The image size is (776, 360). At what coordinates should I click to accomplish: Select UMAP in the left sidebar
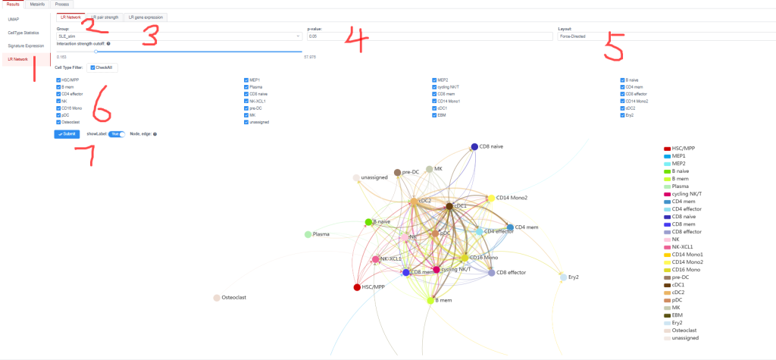pos(13,19)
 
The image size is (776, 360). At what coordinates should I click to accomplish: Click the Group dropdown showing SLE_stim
pos(179,36)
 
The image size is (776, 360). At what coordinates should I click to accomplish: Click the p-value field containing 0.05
pos(428,36)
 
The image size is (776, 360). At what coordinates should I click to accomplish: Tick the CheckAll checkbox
pos(92,67)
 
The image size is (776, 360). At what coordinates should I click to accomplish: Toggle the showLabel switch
pos(117,134)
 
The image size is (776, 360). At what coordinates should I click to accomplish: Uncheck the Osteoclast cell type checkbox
pos(58,121)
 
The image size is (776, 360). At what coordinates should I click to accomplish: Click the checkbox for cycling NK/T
pos(435,86)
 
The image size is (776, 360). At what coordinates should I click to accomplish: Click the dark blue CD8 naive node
pos(474,147)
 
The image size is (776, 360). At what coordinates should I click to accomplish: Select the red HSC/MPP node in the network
pos(357,287)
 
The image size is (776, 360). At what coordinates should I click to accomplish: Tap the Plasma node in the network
pos(308,235)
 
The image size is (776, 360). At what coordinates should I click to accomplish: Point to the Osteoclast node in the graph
pos(217,298)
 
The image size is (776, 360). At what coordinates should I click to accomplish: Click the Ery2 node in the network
pos(563,277)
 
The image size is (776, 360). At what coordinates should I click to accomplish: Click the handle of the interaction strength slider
pos(96,52)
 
